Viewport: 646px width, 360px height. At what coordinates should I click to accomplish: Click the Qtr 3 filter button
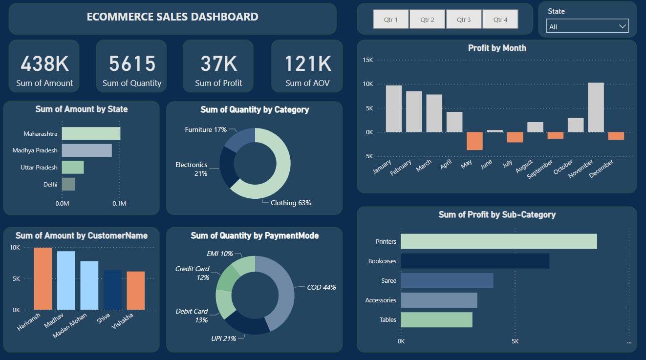(464, 20)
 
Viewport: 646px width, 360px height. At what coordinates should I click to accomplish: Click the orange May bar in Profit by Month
(474, 141)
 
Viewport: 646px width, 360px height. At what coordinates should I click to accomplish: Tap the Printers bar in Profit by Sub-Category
(498, 241)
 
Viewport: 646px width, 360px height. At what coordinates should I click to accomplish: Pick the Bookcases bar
(474, 261)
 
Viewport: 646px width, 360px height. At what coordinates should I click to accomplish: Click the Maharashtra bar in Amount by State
(91, 133)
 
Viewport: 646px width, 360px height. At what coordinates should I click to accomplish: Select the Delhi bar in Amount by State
(68, 184)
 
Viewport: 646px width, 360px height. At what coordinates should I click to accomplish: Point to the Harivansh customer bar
(43, 278)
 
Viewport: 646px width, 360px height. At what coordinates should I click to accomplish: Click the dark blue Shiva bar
(112, 290)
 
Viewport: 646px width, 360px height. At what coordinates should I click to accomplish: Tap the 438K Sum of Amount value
(44, 64)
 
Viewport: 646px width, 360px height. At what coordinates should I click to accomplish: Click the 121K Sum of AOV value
(307, 64)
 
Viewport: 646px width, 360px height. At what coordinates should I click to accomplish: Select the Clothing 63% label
(291, 203)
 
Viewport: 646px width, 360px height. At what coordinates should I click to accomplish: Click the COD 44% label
(321, 287)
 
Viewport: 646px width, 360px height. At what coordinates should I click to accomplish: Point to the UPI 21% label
(223, 339)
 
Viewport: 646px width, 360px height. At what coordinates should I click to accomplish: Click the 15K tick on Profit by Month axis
(367, 60)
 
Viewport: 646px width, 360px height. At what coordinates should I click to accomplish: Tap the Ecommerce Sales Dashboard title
(172, 17)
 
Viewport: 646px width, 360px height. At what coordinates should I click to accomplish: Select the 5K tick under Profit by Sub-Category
(515, 341)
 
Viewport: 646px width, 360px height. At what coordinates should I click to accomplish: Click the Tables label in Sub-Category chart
(388, 320)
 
